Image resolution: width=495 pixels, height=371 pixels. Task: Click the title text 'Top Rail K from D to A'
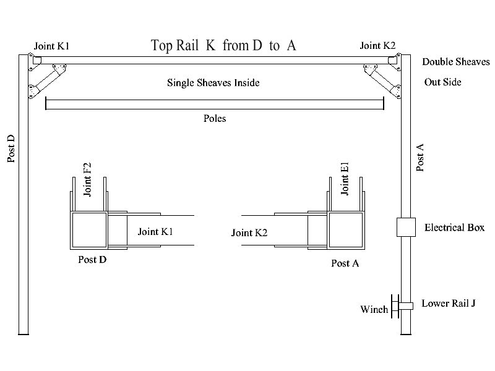coord(223,46)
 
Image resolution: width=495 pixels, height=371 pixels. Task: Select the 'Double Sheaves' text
coord(455,62)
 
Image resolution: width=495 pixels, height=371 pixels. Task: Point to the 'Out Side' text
coord(442,82)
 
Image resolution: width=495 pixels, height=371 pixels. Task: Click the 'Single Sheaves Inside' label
coord(213,82)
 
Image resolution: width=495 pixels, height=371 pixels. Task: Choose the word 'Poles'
coord(215,119)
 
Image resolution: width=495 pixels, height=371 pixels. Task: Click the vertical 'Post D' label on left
coord(12,149)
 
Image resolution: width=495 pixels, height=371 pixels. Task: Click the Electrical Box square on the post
coord(406,227)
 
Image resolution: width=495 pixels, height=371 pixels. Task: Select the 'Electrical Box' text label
coord(454,228)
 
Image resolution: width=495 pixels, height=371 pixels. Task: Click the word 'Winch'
coord(374,309)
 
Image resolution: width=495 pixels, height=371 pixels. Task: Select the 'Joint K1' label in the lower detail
coord(155,232)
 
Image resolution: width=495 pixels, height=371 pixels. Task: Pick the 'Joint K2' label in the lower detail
coord(249,233)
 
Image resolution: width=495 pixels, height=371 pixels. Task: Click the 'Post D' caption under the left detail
coord(92,259)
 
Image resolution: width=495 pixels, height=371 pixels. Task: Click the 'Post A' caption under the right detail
coord(345,263)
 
